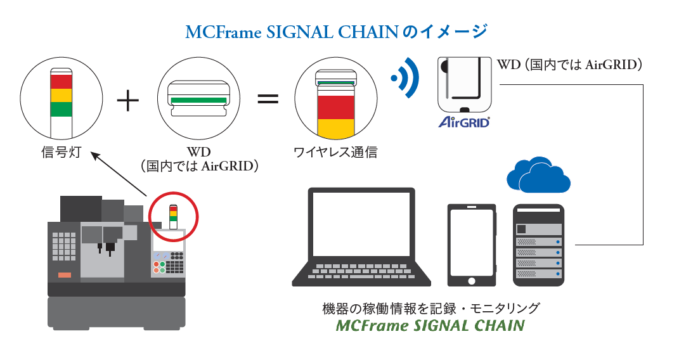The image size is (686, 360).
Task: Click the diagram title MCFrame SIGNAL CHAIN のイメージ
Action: (336, 31)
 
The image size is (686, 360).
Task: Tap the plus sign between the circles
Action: (129, 100)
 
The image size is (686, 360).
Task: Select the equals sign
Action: (268, 99)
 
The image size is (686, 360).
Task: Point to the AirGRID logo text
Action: (464, 122)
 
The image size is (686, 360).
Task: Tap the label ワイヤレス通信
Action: (335, 153)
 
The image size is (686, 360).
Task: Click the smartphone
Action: (470, 245)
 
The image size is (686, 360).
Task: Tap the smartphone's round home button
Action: (470, 279)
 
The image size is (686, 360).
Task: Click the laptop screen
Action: (361, 224)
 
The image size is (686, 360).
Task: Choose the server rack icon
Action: (538, 245)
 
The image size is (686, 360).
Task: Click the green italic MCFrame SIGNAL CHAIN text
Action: (430, 326)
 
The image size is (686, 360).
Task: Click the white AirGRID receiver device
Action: (464, 85)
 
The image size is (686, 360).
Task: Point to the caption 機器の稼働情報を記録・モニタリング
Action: (431, 309)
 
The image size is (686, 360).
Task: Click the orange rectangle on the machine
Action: (64, 274)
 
